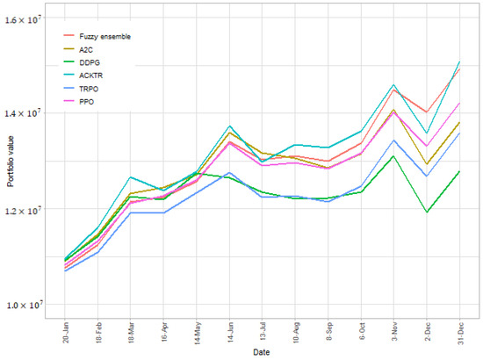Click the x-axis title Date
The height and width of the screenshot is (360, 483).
tap(262, 352)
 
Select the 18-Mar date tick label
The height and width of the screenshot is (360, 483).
tap(131, 329)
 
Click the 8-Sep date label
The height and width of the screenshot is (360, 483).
tap(328, 329)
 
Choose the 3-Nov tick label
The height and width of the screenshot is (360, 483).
tap(394, 329)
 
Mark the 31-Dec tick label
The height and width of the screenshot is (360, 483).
tap(460, 329)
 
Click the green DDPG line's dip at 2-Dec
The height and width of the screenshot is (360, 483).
tap(427, 212)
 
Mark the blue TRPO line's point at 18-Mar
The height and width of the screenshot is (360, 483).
tap(131, 212)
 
